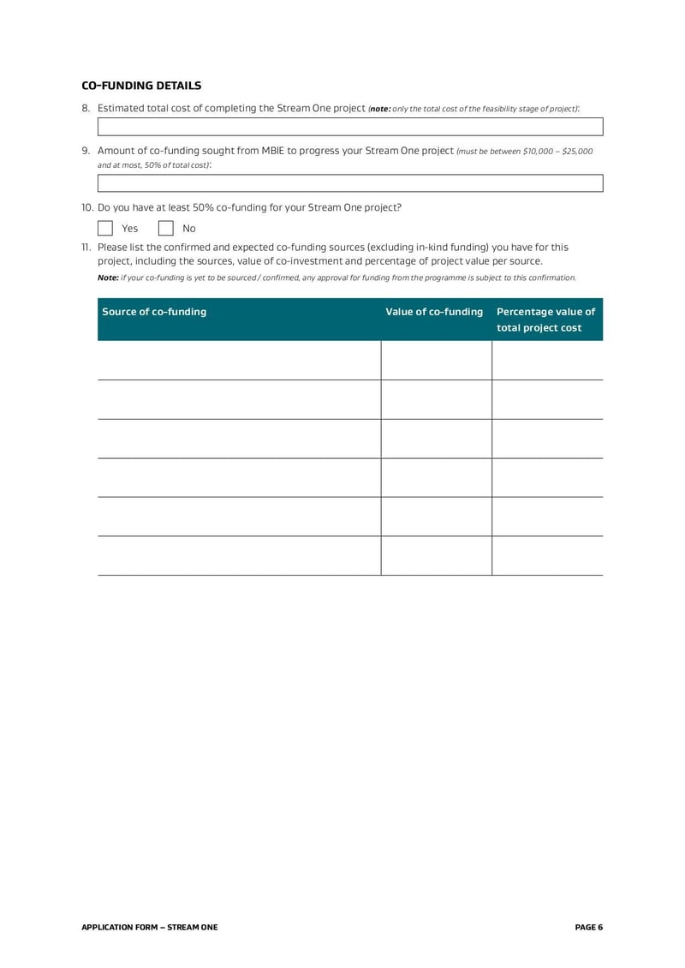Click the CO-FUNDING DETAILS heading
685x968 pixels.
(141, 86)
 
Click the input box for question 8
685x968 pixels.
(350, 127)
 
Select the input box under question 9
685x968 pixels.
(350, 182)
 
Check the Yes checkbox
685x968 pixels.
(105, 229)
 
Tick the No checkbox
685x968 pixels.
(166, 229)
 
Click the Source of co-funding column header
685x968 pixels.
(154, 312)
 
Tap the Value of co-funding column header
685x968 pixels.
(435, 312)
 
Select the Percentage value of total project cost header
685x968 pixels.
(546, 320)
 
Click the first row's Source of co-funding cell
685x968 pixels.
(239, 361)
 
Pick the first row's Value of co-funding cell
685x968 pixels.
(436, 361)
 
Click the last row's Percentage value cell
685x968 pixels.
(547, 556)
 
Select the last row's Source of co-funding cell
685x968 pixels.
(239, 556)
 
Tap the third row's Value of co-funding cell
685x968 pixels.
(436, 439)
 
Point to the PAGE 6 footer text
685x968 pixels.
(589, 927)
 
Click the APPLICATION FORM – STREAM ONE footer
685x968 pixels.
(149, 927)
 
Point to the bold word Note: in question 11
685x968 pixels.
(108, 278)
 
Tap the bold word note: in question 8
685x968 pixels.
(380, 109)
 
